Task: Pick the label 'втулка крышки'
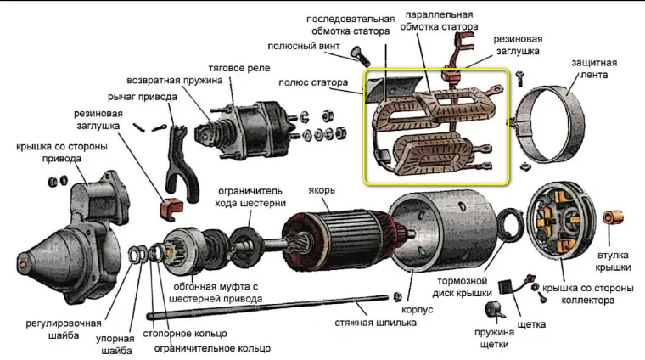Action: (613, 260)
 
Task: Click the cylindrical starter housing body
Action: (450, 229)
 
